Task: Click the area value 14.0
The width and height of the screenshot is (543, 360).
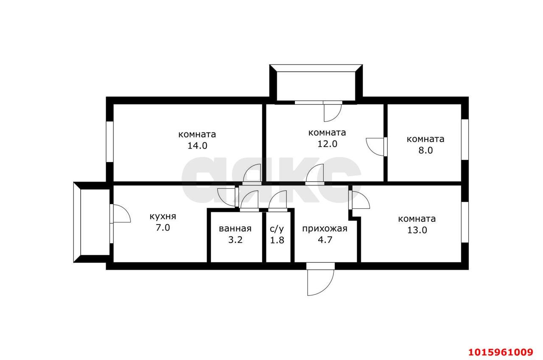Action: (x=197, y=146)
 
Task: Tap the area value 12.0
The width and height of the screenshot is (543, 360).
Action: (x=327, y=143)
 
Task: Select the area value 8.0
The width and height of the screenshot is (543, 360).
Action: (x=425, y=150)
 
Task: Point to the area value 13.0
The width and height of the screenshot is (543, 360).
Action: (x=417, y=230)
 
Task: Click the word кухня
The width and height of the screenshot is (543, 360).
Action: (x=162, y=216)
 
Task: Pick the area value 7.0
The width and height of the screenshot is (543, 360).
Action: (x=162, y=228)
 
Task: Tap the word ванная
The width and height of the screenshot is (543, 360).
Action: (x=235, y=228)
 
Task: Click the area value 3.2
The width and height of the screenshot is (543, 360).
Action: (x=235, y=240)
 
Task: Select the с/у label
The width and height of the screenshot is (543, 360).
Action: (x=277, y=228)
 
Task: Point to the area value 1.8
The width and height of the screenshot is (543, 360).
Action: (x=277, y=240)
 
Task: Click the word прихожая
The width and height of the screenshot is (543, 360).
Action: (x=325, y=229)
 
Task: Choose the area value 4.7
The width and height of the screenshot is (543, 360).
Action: (x=325, y=240)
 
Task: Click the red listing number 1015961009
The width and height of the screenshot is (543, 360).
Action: (x=500, y=352)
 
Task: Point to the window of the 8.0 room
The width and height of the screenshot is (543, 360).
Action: (x=465, y=139)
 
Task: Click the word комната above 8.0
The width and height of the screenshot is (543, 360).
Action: (x=425, y=139)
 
